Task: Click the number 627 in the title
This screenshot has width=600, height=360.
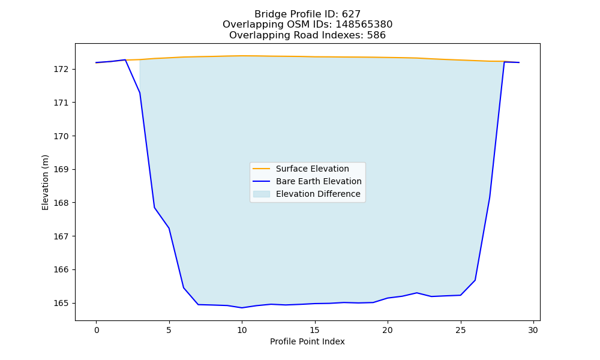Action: pyautogui.click(x=351, y=14)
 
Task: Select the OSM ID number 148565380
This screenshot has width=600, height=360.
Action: pyautogui.click(x=364, y=25)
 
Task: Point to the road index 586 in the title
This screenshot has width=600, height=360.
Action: pyautogui.click(x=376, y=35)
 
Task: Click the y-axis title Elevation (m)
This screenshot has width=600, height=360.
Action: pyautogui.click(x=45, y=182)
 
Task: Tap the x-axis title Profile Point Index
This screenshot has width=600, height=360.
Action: pyautogui.click(x=307, y=341)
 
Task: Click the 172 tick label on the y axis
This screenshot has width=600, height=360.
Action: pyautogui.click(x=60, y=69)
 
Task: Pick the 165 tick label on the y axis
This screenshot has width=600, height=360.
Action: pyautogui.click(x=60, y=303)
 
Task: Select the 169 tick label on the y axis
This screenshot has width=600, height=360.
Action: pyautogui.click(x=60, y=169)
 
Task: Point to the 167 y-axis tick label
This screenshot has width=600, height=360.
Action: pyautogui.click(x=60, y=236)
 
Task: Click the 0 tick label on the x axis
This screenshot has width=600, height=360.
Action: pyautogui.click(x=96, y=330)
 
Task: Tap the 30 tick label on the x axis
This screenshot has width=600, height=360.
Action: pyautogui.click(x=533, y=330)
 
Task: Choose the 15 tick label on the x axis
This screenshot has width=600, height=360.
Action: pyautogui.click(x=315, y=330)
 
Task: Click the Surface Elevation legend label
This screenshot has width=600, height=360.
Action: pyautogui.click(x=312, y=169)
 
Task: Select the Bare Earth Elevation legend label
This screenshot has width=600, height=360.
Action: pyautogui.click(x=319, y=181)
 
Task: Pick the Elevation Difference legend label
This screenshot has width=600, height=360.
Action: pyautogui.click(x=318, y=194)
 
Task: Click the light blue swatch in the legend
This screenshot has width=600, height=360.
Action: pyautogui.click(x=262, y=194)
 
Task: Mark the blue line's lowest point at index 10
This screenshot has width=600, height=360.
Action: pyautogui.click(x=242, y=308)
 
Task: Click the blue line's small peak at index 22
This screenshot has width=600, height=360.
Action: pyautogui.click(x=417, y=293)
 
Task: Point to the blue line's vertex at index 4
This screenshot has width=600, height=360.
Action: pyautogui.click(x=154, y=208)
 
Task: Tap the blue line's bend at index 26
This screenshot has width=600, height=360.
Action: pyautogui.click(x=475, y=280)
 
